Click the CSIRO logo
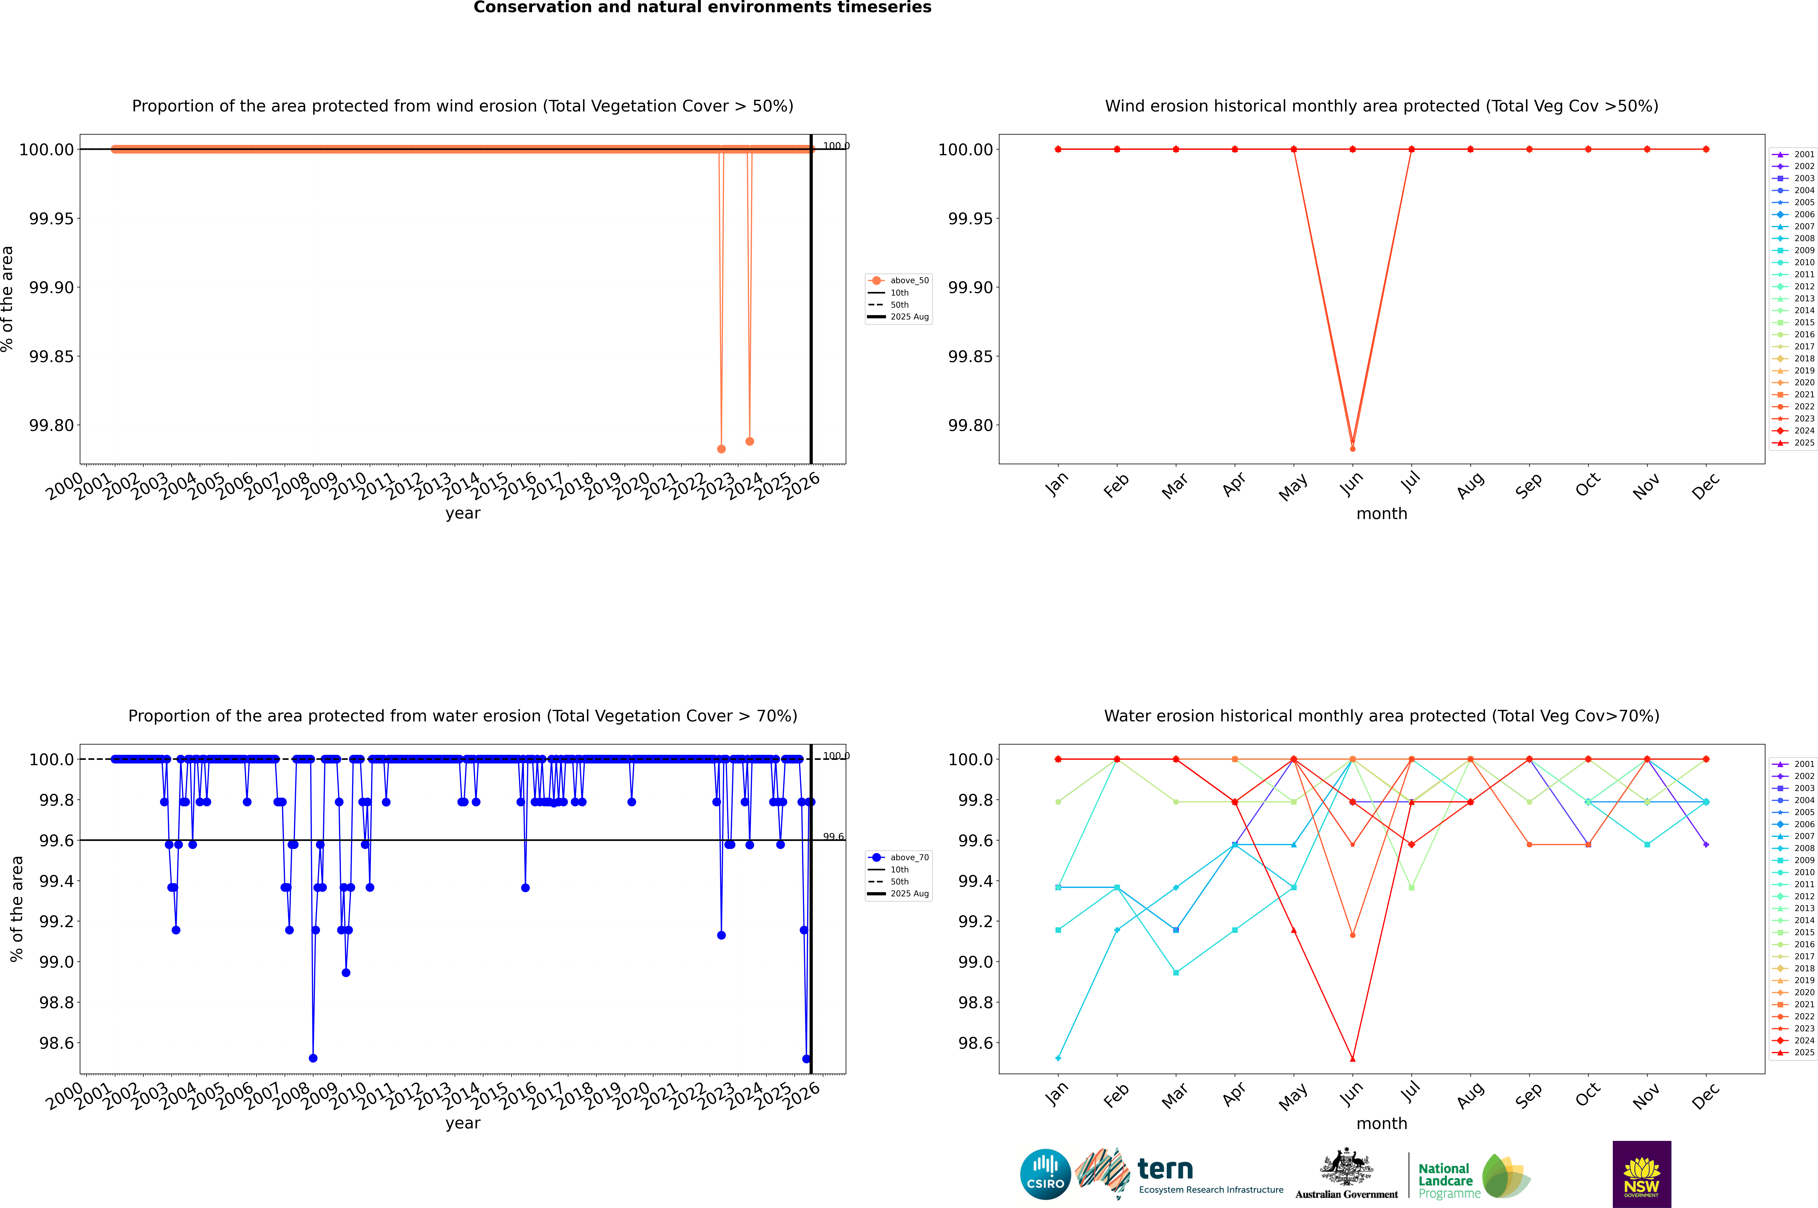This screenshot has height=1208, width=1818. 1045,1174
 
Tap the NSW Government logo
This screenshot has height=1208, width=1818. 1641,1174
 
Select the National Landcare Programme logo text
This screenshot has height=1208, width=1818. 1446,1180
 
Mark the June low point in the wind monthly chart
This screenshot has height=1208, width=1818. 1353,448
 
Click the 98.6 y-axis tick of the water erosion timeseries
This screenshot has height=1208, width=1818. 56,1043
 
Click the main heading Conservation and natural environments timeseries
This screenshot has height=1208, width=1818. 702,8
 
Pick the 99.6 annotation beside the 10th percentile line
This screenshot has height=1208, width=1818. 833,837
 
